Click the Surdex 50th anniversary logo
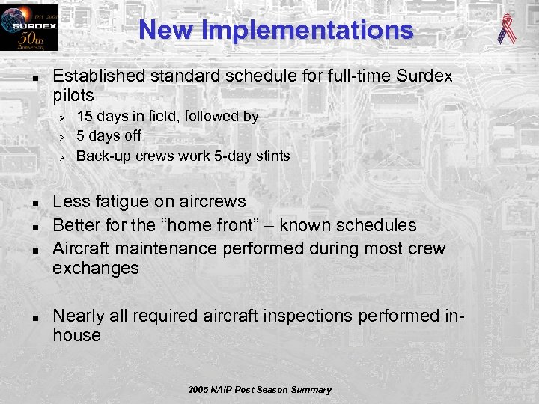pos(29,28)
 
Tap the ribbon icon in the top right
pos(508,28)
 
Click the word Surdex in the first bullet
pos(424,76)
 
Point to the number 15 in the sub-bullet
pos(85,117)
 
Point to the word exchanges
pos(95,269)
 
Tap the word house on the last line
pos(76,336)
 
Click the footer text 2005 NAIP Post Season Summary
pos(260,390)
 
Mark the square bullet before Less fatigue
pos(34,203)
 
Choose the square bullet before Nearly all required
pos(34,316)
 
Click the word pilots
pos(73,96)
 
